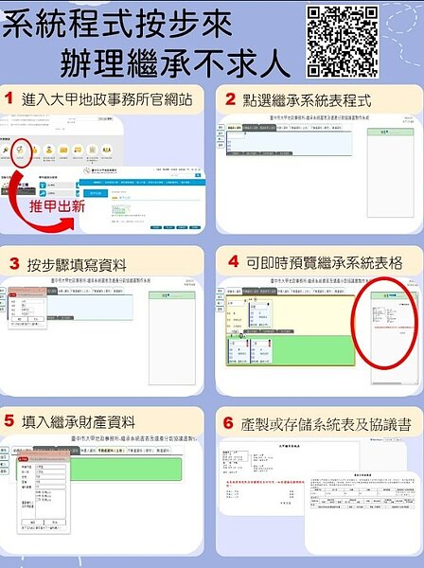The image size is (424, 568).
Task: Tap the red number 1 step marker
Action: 10,99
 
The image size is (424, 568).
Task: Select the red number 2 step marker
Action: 230,99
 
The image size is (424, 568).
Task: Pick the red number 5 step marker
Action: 9,420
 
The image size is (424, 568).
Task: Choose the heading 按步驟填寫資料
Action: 78,264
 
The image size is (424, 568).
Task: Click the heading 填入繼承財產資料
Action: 81,421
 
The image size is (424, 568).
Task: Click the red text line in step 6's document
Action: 271,483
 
